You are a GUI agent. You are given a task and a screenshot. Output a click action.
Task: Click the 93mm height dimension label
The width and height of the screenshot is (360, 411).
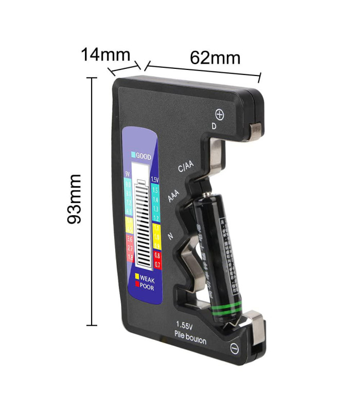pos(76,199)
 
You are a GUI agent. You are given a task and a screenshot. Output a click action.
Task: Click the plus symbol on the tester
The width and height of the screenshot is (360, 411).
pos(220,114)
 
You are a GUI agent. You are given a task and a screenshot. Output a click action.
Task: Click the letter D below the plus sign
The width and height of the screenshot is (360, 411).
pos(214,126)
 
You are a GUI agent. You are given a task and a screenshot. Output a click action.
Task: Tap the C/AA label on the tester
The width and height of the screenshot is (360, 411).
pos(186,166)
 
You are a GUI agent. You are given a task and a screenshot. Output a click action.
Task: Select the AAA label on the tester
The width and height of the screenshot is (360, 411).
pos(174,195)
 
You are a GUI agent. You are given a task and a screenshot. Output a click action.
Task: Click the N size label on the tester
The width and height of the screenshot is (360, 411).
pos(172,236)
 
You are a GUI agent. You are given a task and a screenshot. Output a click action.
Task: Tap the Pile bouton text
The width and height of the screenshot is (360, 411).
pos(190,341)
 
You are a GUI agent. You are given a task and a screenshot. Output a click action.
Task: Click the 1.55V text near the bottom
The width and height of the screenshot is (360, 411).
pos(185,325)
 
